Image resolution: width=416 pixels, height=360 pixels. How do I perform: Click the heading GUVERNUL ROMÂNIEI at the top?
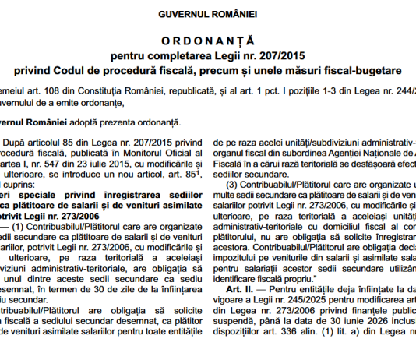pos(208,15)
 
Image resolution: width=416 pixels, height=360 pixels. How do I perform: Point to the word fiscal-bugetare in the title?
pos(357,71)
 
